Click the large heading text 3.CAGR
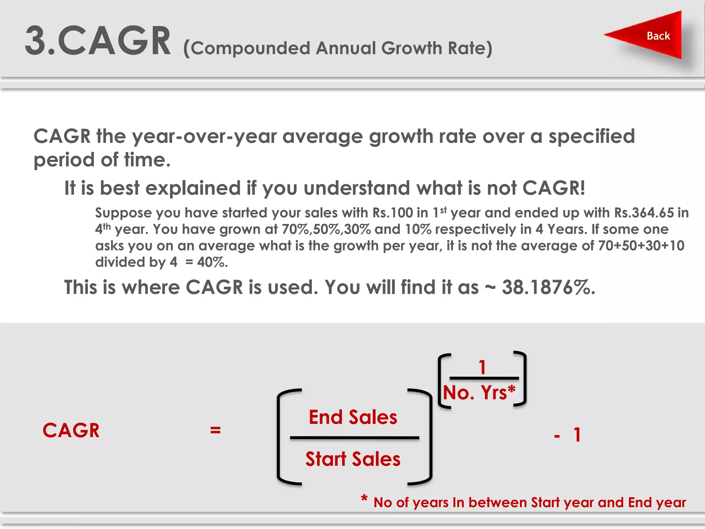[x=98, y=41]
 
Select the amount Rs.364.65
[x=644, y=213]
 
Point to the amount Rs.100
[x=392, y=213]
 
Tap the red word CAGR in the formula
[x=71, y=431]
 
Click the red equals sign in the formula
[x=215, y=430]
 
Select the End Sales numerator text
[x=353, y=417]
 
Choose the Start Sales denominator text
[x=353, y=459]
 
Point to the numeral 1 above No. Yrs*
[x=482, y=367]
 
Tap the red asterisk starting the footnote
[x=364, y=498]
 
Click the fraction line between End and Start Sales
[x=355, y=438]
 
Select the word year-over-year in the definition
[x=204, y=137]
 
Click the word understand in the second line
[x=357, y=188]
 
